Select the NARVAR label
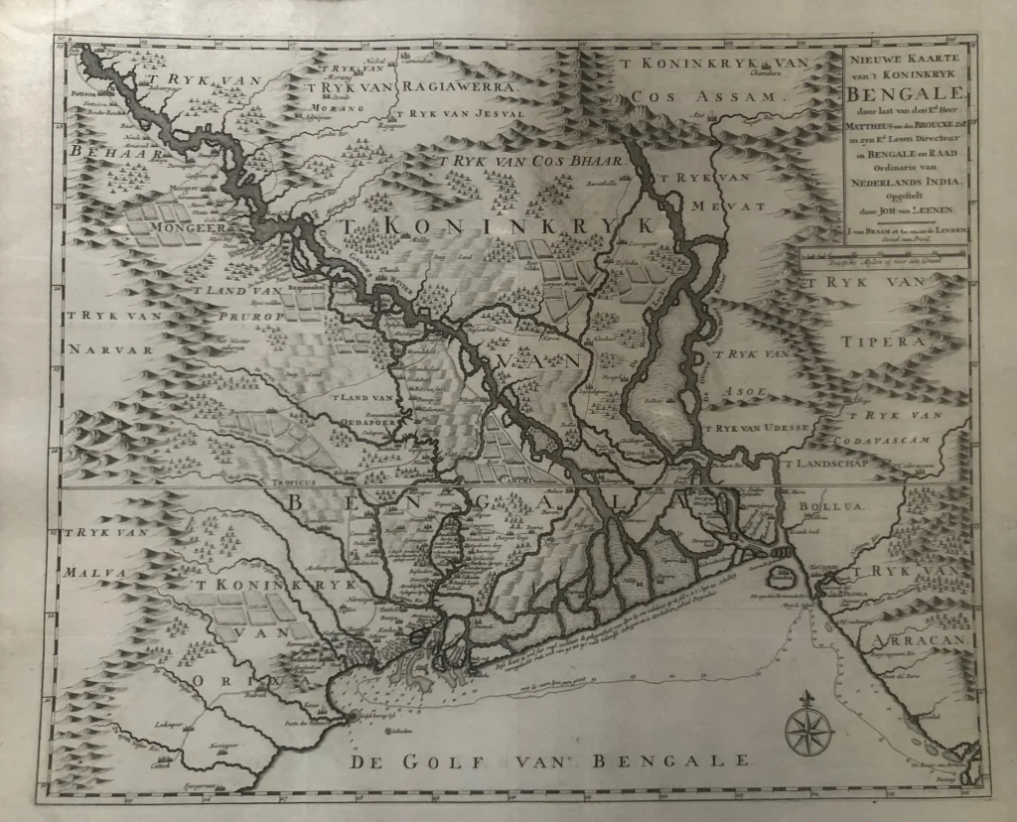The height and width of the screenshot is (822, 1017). (109, 350)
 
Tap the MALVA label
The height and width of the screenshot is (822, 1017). (93, 572)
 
